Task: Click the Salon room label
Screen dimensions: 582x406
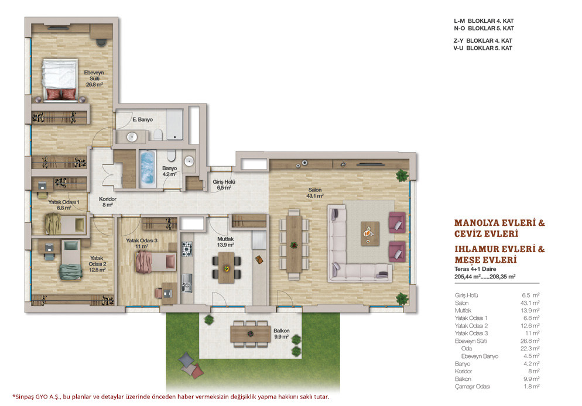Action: (315, 193)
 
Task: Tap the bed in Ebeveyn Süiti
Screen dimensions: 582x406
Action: (60, 80)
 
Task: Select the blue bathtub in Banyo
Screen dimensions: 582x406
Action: (148, 168)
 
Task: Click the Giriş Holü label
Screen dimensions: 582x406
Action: (224, 185)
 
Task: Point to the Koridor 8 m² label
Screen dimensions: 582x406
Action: (108, 202)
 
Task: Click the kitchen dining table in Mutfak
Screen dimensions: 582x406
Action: (226, 267)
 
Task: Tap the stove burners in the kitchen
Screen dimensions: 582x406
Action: (187, 249)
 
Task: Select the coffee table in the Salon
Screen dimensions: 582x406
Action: (370, 233)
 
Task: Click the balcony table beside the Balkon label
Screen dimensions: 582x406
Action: (251, 333)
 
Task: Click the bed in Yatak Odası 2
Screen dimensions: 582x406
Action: (71, 260)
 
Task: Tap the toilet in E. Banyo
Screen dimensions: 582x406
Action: (158, 135)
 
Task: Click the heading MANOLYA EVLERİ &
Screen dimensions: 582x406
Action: (499, 223)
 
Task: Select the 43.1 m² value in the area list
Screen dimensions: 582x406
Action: (530, 303)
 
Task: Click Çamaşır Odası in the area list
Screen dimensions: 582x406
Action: (473, 386)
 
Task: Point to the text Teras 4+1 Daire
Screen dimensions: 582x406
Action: (475, 269)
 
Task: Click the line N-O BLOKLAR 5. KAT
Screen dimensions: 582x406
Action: (484, 28)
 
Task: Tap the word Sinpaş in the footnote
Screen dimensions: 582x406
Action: (25, 397)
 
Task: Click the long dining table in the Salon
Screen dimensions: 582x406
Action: (294, 243)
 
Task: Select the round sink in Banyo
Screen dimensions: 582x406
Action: (189, 161)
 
